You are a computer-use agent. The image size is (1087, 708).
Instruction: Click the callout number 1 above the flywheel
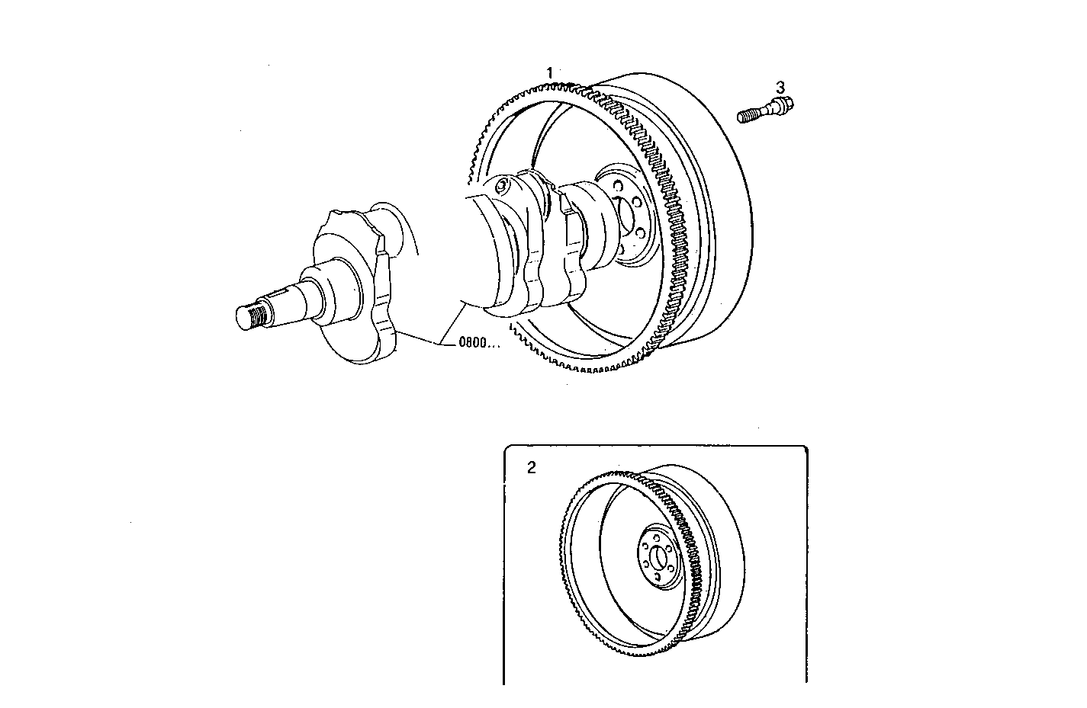tap(549, 72)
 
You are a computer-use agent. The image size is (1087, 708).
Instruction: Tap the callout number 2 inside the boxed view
tap(532, 468)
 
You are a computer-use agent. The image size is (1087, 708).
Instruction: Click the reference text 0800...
tap(478, 343)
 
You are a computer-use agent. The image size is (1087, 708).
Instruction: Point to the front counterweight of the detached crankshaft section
tap(359, 290)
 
